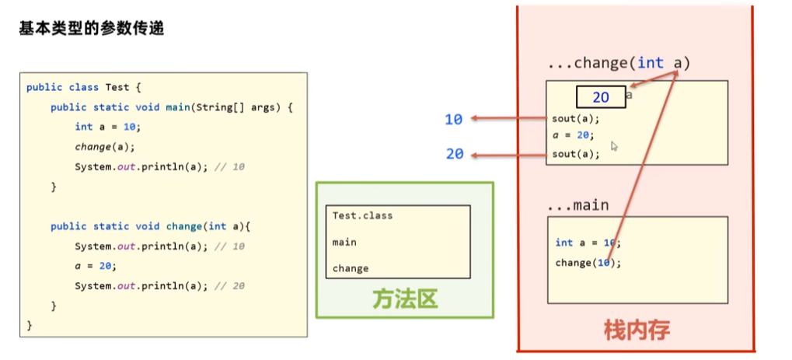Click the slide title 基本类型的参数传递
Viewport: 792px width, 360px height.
pos(91,30)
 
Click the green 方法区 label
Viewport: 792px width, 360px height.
pos(404,299)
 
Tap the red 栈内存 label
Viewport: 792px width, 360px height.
pos(636,330)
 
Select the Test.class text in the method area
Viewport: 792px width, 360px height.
pos(362,215)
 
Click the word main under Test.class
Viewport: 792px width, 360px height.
pos(344,242)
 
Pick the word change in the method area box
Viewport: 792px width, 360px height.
pos(351,268)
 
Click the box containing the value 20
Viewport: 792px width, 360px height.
pos(600,97)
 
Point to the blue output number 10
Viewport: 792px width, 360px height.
pos(454,119)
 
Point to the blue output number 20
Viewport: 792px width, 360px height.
pos(455,154)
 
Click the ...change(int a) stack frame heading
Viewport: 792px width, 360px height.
pos(619,63)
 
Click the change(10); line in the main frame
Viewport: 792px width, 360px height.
pos(588,262)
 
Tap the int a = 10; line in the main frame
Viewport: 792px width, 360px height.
pos(588,243)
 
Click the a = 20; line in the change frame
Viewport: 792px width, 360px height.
pos(574,135)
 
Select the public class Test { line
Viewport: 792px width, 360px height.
pos(84,87)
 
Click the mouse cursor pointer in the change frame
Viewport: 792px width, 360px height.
pos(614,145)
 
